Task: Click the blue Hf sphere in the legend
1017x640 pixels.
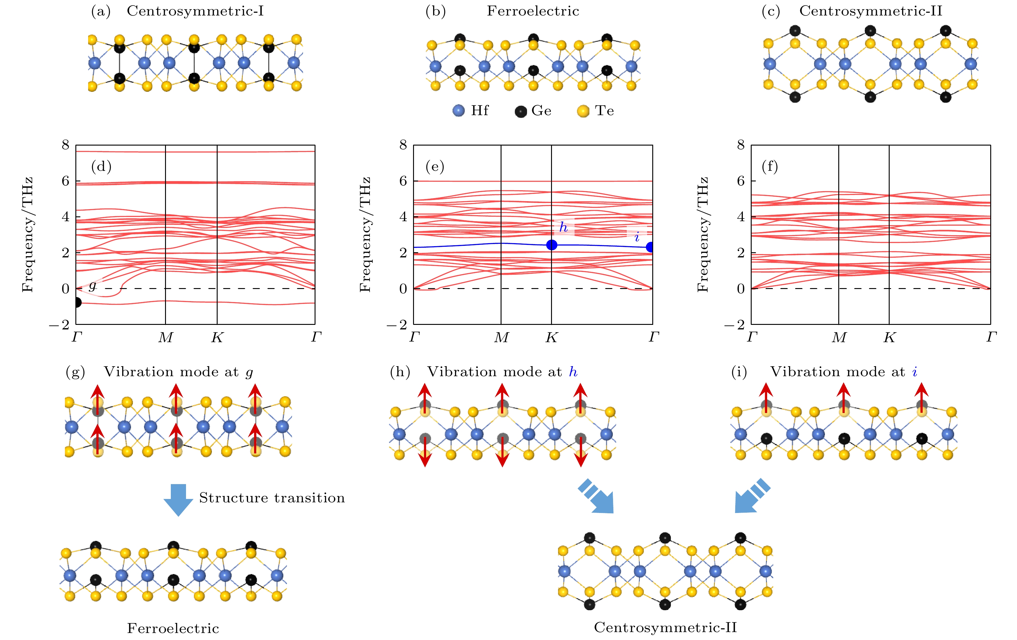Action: pyautogui.click(x=458, y=111)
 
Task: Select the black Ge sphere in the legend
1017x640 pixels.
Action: pyautogui.click(x=520, y=112)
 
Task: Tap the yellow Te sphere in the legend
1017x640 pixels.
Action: pyautogui.click(x=583, y=112)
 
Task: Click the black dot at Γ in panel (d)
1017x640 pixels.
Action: pyautogui.click(x=77, y=302)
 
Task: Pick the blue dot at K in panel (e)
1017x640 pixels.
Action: pyautogui.click(x=552, y=245)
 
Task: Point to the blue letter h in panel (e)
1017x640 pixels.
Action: pyautogui.click(x=564, y=228)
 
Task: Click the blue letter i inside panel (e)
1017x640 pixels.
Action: pyautogui.click(x=637, y=237)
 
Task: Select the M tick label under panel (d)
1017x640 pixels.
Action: pyautogui.click(x=166, y=337)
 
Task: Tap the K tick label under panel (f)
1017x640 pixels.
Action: pyautogui.click(x=889, y=337)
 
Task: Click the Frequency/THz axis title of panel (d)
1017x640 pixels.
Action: pyautogui.click(x=27, y=235)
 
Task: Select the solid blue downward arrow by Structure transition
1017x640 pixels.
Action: pyautogui.click(x=178, y=500)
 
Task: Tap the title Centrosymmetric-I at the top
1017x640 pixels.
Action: pyautogui.click(x=195, y=11)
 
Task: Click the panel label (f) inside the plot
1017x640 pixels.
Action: pyautogui.click(x=770, y=167)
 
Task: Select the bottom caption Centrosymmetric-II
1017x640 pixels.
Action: pyautogui.click(x=665, y=627)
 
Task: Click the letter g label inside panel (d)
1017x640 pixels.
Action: pyautogui.click(x=92, y=286)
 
